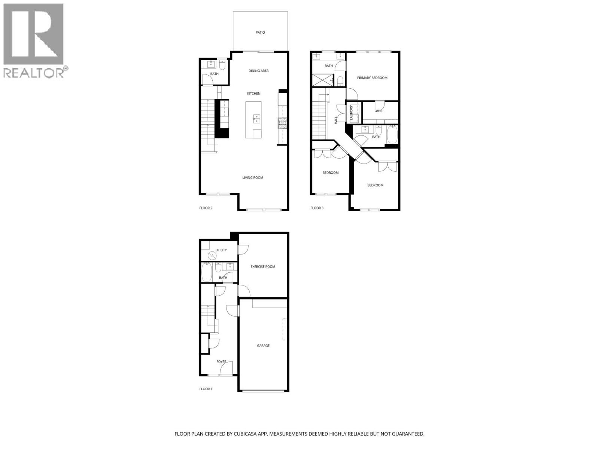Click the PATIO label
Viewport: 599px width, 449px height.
260,33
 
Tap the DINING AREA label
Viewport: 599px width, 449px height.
258,71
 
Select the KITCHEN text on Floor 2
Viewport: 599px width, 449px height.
253,94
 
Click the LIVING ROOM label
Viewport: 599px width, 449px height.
253,178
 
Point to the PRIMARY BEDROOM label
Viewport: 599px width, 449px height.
372,78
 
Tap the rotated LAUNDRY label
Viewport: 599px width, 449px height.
351,113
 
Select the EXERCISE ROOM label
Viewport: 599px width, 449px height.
262,267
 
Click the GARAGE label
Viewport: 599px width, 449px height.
263,346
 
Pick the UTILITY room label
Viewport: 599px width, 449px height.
221,250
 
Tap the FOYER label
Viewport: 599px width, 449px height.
221,362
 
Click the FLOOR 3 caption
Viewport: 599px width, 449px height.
317,208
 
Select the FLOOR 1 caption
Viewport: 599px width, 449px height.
206,389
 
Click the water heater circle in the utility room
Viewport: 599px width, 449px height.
212,255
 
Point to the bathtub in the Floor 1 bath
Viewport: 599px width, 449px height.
207,272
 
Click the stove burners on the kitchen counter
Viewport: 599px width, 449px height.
282,123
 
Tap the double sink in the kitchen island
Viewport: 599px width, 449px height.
257,119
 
